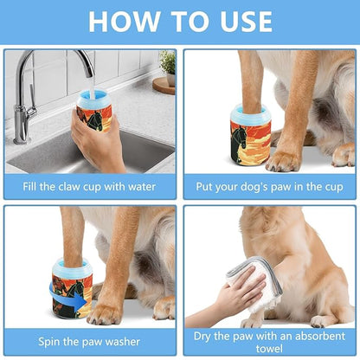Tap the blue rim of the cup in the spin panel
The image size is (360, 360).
pos(71,265)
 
